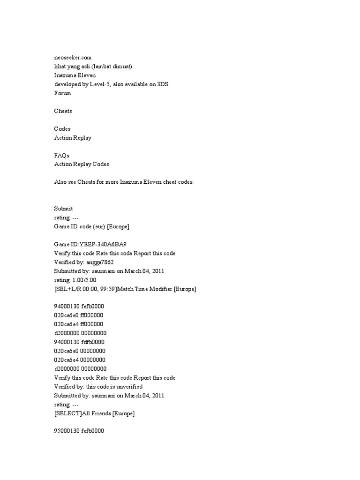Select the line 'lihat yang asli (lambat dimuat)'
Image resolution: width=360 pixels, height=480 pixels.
click(96, 66)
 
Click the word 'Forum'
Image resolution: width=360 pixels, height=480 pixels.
click(62, 93)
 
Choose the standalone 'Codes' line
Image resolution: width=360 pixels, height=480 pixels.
click(62, 129)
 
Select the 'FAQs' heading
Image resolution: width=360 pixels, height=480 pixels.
click(61, 155)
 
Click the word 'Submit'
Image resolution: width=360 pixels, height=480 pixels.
click(63, 209)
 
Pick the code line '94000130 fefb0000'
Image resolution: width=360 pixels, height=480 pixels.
click(79, 307)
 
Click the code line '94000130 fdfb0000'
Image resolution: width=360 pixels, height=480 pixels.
click(79, 342)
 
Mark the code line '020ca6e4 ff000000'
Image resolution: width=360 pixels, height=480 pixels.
click(79, 324)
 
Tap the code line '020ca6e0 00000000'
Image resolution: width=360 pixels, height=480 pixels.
click(80, 351)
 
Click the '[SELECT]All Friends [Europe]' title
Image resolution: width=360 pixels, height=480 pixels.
click(94, 413)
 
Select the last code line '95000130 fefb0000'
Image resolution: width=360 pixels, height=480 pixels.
click(79, 431)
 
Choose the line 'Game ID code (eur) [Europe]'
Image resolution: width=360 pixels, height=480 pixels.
click(92, 226)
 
